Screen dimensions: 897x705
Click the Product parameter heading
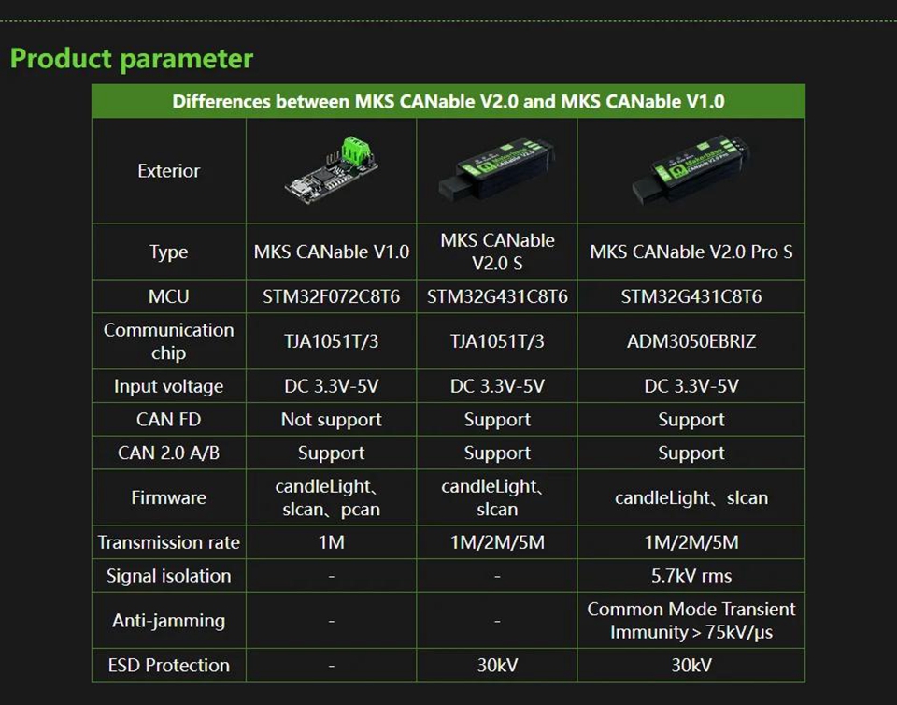click(132, 58)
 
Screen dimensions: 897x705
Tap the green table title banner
click(448, 101)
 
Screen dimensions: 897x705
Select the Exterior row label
click(169, 170)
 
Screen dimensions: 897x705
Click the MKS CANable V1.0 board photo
click(331, 170)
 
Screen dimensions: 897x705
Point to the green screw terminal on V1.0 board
click(356, 149)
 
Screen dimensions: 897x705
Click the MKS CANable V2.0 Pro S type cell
click(691, 252)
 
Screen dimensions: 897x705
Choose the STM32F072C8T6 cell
click(331, 296)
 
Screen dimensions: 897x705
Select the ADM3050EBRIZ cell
click(691, 341)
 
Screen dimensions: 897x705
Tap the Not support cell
click(331, 420)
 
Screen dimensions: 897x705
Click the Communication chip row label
click(169, 341)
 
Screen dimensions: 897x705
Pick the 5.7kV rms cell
click(691, 576)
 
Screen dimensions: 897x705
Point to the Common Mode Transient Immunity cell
click(691, 620)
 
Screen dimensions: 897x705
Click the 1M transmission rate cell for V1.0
click(331, 542)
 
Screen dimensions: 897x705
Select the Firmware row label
click(169, 497)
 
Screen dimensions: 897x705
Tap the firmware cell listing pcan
click(331, 497)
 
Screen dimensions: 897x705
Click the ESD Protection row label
click(169, 665)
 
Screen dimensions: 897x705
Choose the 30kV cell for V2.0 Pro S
click(691, 665)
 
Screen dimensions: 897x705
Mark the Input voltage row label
click(169, 386)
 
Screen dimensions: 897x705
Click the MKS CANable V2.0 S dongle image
click(496, 168)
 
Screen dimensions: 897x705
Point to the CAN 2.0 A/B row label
click(169, 453)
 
